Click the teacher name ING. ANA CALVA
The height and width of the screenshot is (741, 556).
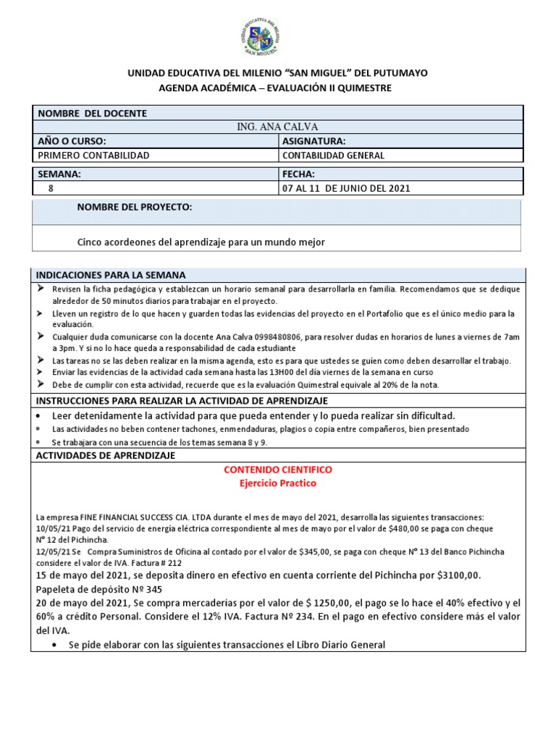[277, 127]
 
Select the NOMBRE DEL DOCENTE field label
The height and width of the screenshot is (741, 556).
[92, 114]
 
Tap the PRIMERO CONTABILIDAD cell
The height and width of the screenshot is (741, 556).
[93, 156]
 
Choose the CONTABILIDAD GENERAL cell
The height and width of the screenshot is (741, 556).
[333, 156]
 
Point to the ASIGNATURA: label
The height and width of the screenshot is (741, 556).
[313, 141]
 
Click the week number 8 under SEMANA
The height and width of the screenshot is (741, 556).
[50, 188]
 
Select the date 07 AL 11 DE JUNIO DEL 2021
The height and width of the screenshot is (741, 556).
[346, 188]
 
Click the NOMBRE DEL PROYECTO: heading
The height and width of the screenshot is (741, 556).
[134, 208]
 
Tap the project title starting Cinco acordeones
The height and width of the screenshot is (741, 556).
[201, 242]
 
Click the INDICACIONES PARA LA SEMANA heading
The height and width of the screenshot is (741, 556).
[111, 275]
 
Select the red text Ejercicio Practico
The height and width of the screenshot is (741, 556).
[278, 483]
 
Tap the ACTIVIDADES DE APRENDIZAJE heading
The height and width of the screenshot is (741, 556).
[106, 456]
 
